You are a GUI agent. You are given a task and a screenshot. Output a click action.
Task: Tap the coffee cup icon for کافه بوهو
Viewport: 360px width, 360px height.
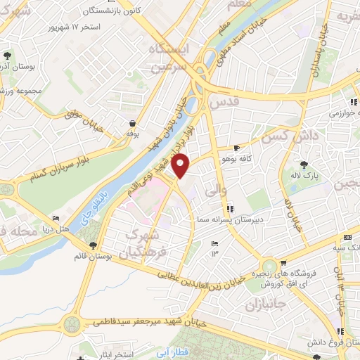point(236,148)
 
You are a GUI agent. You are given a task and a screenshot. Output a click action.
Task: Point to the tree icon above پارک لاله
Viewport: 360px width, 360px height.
point(303,164)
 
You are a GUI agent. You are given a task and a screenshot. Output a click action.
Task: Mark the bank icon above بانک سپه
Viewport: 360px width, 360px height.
point(347,236)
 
